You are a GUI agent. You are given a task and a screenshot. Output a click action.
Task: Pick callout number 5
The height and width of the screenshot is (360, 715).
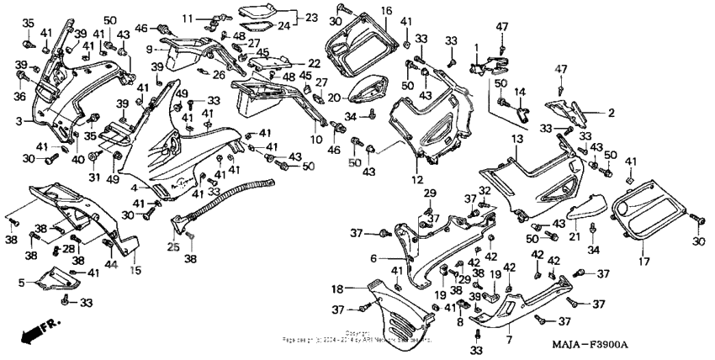(22, 283)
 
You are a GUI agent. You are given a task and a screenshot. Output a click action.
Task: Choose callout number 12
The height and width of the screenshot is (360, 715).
(416, 180)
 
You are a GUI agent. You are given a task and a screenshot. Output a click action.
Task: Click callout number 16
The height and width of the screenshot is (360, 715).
(386, 10)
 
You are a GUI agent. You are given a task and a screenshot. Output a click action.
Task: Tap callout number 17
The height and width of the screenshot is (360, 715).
(645, 262)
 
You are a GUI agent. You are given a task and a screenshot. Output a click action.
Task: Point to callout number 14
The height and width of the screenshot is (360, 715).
(520, 90)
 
